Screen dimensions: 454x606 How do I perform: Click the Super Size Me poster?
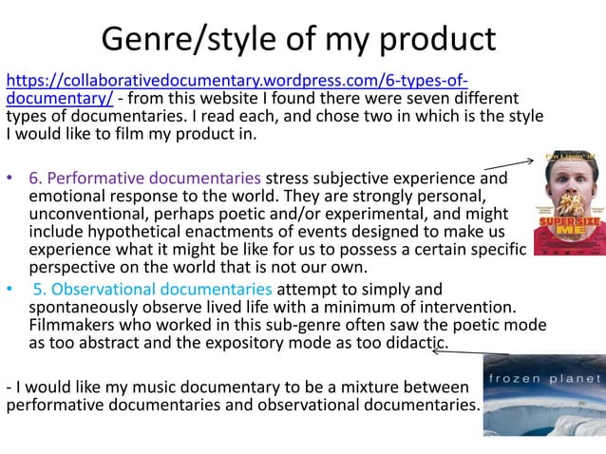pos(567,202)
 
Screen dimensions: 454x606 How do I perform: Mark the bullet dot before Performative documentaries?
pos(10,179)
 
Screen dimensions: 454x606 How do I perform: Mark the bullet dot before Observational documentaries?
pos(10,289)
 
